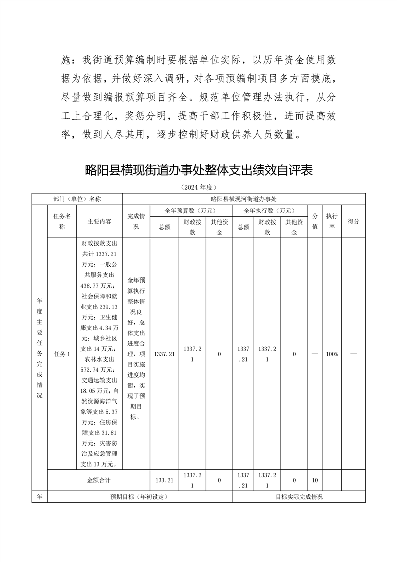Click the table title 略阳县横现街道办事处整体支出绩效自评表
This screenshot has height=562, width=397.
[199, 171]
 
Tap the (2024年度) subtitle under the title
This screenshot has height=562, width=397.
[198, 187]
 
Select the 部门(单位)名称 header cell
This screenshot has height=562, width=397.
[77, 199]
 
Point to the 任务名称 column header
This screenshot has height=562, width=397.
[62, 221]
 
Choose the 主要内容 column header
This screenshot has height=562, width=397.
[99, 221]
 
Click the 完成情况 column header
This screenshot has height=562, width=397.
[136, 221]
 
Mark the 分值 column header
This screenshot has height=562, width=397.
[315, 221]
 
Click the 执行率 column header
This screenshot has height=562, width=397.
[331, 221]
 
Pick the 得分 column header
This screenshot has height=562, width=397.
[353, 221]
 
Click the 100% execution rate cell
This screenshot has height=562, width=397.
[331, 354]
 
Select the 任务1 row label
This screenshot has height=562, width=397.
[62, 354]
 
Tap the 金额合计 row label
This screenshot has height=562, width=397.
[99, 480]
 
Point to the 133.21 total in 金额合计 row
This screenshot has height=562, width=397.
[164, 480]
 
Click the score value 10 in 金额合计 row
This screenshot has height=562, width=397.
[315, 480]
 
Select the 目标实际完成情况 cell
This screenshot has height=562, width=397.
[299, 497]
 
